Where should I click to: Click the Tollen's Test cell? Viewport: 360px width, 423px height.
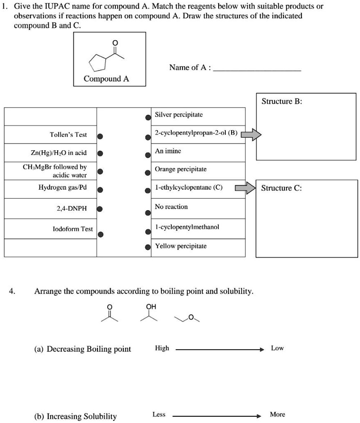coord(68,135)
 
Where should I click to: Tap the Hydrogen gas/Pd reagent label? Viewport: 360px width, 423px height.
coord(65,188)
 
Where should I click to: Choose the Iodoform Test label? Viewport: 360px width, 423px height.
coord(72,229)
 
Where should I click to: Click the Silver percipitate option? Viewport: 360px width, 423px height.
coord(178,115)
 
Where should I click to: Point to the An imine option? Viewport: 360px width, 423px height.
coord(168,152)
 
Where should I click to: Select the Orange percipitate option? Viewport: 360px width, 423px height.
coord(180,169)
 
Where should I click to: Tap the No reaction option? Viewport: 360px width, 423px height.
coord(171,207)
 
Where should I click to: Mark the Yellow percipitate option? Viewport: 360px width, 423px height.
coord(180,246)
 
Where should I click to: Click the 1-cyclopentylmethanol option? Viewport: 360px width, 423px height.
coord(186,227)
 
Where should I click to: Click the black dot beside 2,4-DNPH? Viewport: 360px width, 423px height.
coord(101,209)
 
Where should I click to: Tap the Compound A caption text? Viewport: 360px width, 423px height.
coord(106,79)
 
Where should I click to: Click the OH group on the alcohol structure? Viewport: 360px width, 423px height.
coord(151,306)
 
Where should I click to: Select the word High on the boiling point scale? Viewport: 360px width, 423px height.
coord(162,348)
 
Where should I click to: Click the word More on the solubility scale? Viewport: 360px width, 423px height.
coord(277,415)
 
